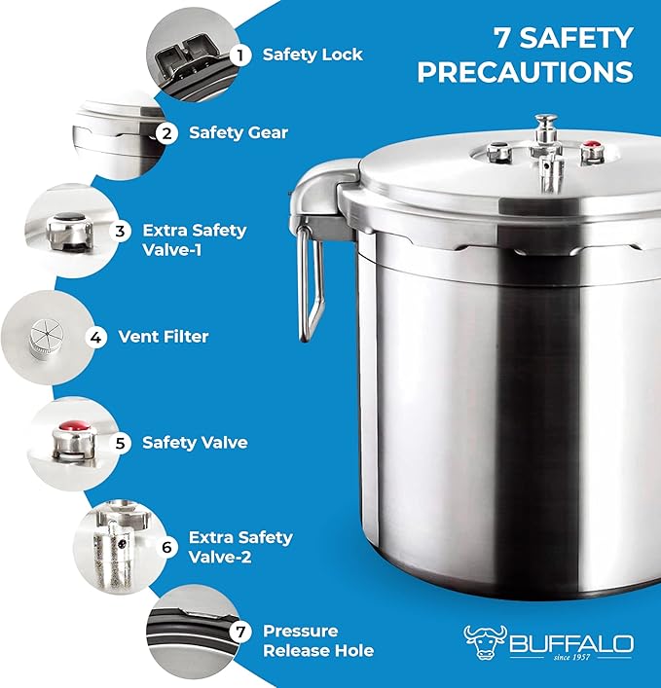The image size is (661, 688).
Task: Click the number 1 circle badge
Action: point(236,54)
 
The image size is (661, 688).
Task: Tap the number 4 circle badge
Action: point(96,338)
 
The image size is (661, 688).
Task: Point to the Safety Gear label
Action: point(239,132)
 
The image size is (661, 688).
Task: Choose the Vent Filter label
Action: point(164,338)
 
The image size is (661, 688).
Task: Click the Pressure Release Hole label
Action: point(317,640)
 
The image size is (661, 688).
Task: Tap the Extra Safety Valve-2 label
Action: point(240,547)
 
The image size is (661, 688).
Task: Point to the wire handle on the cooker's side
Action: point(311,287)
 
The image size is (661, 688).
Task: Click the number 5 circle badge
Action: point(121,443)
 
